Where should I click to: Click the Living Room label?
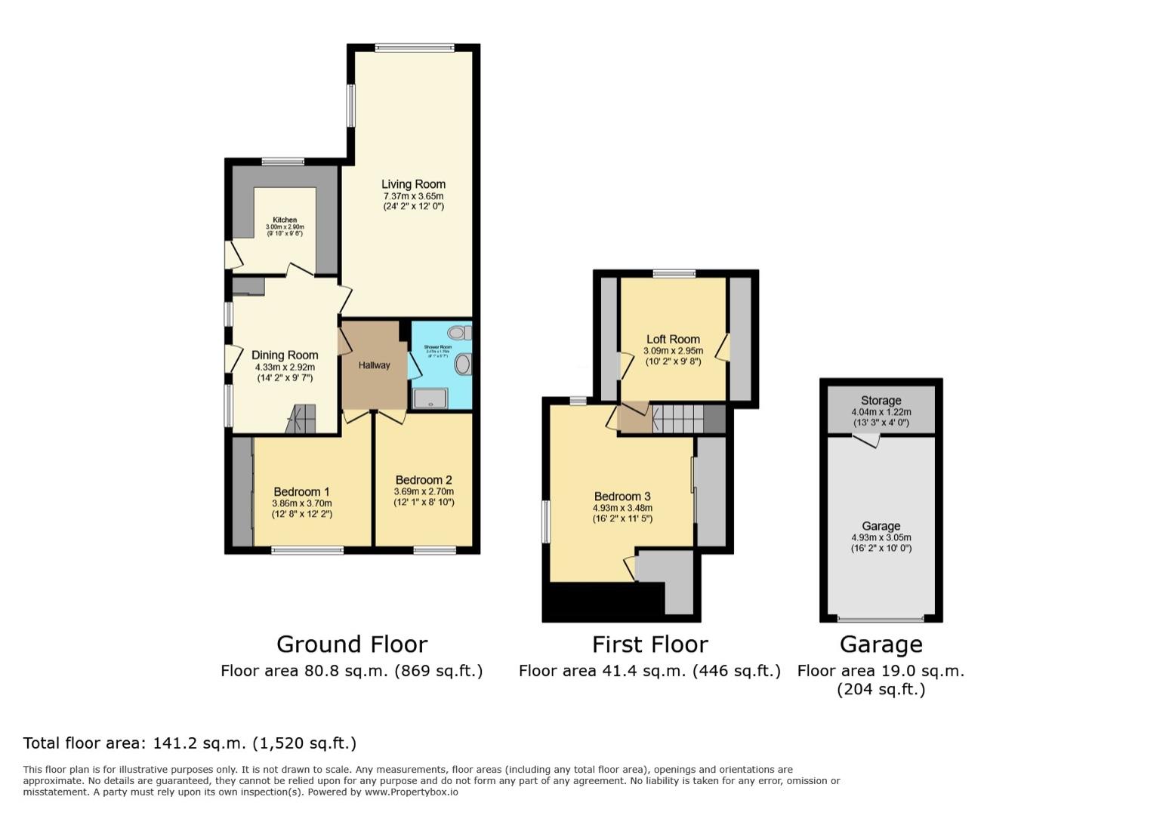(x=413, y=184)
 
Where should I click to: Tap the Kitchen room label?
(x=285, y=220)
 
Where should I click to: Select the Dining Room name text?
(x=285, y=355)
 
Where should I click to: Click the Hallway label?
(x=375, y=365)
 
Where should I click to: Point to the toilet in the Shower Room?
(x=458, y=333)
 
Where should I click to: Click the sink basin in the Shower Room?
(x=462, y=364)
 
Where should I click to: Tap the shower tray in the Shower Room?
(x=430, y=398)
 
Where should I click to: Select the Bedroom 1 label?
(x=301, y=492)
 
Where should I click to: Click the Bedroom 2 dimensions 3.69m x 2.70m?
(x=424, y=491)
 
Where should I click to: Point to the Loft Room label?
(x=673, y=340)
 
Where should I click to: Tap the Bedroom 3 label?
(x=622, y=497)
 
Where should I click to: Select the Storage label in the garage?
(x=881, y=401)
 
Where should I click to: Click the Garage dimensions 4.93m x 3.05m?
(x=881, y=538)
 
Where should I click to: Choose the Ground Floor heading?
(x=352, y=644)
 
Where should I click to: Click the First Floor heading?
(x=649, y=644)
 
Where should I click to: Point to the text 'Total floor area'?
(x=82, y=743)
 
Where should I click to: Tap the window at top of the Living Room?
(x=415, y=48)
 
